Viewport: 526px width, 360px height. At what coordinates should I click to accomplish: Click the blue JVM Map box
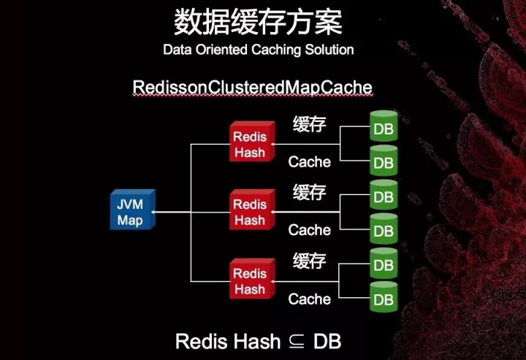pyautogui.click(x=131, y=211)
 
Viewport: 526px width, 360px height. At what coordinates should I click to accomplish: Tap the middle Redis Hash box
pyautogui.click(x=250, y=212)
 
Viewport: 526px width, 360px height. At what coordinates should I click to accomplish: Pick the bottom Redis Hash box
pyautogui.click(x=250, y=281)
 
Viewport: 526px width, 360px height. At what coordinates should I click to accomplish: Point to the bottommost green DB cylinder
pyautogui.click(x=384, y=299)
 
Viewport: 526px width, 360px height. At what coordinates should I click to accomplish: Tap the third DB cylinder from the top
pyautogui.click(x=384, y=196)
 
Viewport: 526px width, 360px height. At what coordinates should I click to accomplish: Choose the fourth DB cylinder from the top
pyautogui.click(x=384, y=230)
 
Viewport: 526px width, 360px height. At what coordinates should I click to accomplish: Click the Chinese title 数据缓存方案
pyautogui.click(x=258, y=23)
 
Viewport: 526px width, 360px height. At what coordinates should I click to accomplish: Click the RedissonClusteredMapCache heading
pyautogui.click(x=253, y=88)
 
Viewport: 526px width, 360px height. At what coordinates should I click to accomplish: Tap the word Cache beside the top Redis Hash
pyautogui.click(x=309, y=161)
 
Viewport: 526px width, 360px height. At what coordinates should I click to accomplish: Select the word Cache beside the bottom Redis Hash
pyautogui.click(x=309, y=299)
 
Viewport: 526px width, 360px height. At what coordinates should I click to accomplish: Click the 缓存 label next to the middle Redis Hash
pyautogui.click(x=309, y=193)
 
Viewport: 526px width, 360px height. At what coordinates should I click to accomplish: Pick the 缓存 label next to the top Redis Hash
pyautogui.click(x=309, y=123)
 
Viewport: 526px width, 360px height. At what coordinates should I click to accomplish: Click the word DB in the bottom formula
pyautogui.click(x=327, y=340)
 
